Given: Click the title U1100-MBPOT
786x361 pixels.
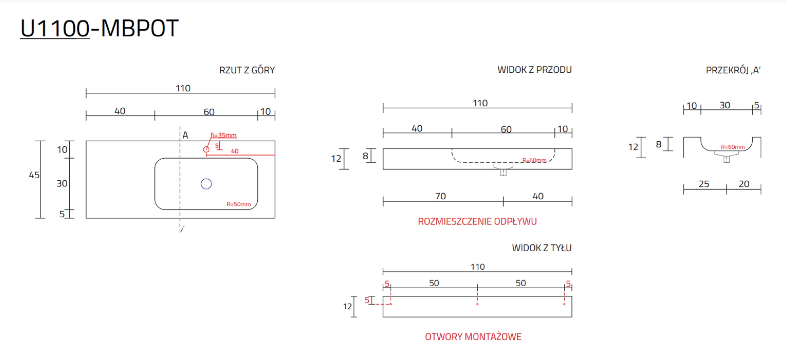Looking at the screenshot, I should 99,28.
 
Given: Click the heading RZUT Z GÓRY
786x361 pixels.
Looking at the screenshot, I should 247,70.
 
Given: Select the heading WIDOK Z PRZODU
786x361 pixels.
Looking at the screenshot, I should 534,70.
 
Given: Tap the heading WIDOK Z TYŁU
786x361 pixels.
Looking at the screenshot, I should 541,248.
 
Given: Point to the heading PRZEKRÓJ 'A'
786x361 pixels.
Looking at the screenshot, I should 733,70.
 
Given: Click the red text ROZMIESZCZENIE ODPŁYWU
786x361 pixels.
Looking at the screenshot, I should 477,221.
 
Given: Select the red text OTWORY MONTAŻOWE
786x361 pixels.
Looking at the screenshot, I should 473,337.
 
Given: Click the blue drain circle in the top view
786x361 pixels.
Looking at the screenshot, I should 206,184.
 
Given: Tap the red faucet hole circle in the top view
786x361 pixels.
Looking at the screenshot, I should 206,149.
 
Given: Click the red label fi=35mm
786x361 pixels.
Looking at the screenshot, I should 223,135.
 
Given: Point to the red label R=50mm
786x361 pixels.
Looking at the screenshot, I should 239,204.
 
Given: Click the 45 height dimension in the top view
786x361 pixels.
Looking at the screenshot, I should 34,175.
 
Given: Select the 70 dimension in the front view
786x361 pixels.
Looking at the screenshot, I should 441,196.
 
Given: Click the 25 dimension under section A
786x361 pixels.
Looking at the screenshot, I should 704,184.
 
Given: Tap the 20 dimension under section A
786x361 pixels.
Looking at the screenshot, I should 744,184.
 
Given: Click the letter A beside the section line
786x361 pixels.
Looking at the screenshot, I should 185,135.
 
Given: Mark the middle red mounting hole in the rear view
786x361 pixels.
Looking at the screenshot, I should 477,304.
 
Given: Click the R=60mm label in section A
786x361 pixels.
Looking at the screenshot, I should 733,147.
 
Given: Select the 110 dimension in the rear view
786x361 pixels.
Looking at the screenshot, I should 478,267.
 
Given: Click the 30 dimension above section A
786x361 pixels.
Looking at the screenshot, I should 725,105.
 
